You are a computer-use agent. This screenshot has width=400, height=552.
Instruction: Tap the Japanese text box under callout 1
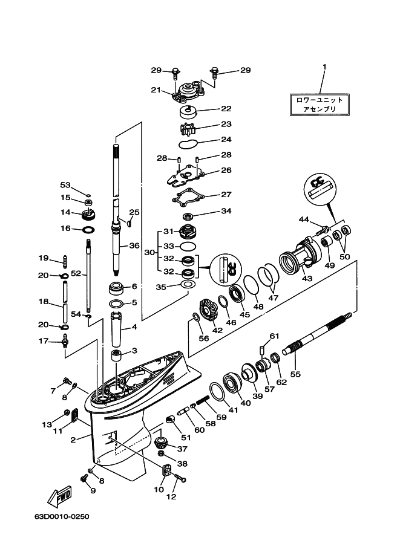318,105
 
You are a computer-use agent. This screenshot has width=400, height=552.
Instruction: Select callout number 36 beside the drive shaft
134,246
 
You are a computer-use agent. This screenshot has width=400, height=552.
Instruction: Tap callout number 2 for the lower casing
73,440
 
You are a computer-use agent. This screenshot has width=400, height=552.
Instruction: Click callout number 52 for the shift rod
75,273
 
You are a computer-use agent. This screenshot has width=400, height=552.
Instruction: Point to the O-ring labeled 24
188,144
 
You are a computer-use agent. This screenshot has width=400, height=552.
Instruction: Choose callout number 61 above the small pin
274,336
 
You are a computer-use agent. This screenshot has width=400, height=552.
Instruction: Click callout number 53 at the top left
65,184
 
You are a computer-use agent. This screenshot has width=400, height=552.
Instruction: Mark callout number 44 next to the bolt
303,218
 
